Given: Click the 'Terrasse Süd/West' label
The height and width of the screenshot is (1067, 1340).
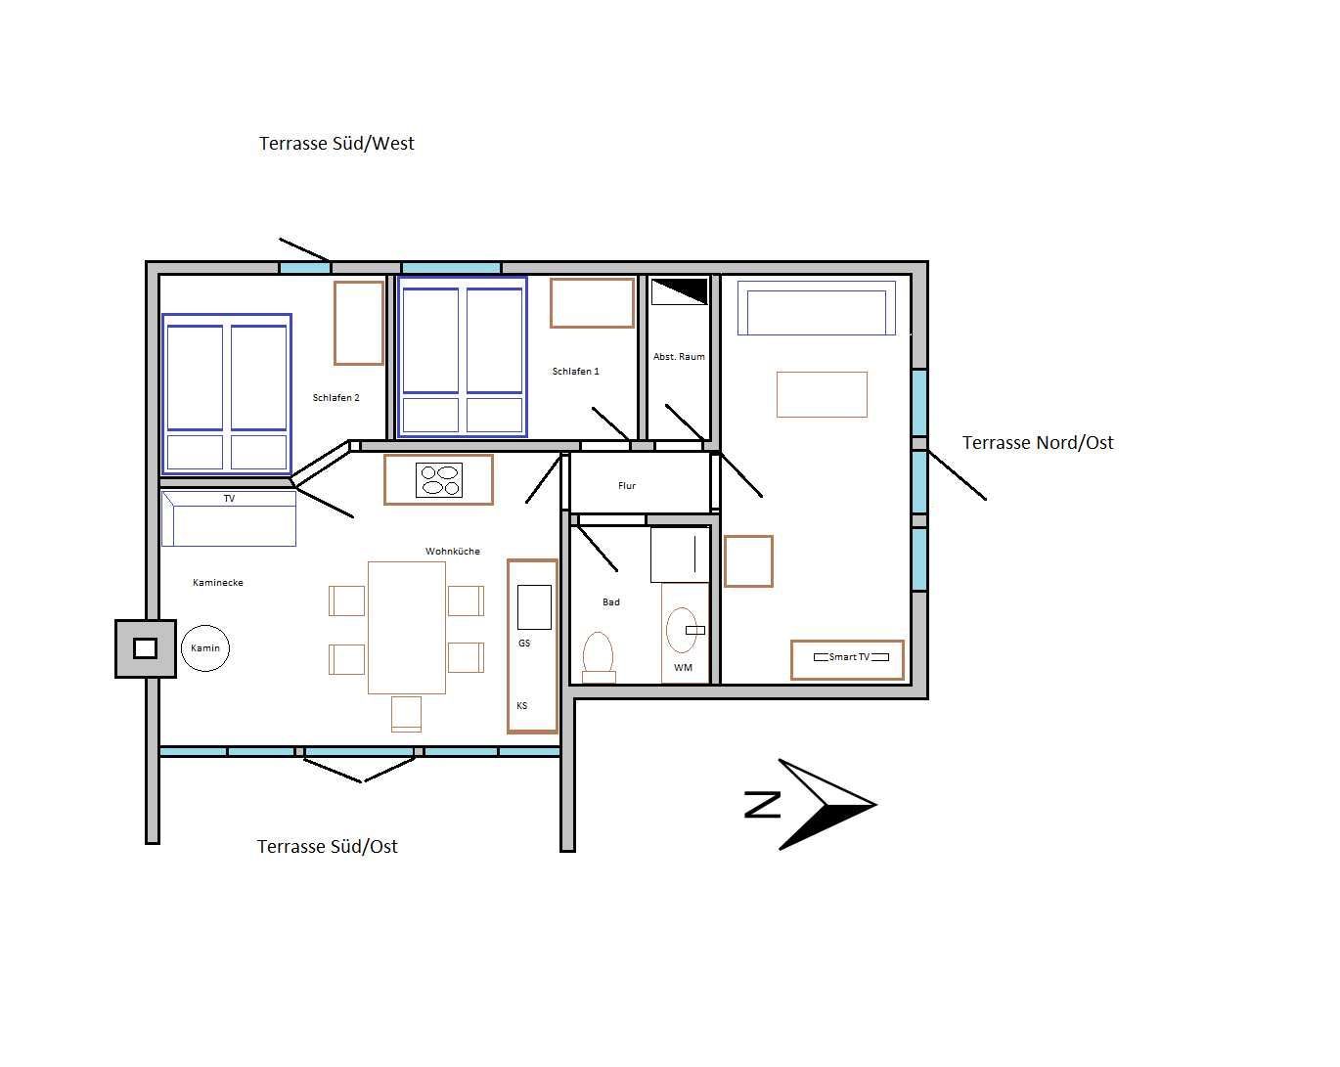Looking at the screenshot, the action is [336, 144].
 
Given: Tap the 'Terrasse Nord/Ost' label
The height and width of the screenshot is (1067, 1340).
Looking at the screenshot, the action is [1038, 443].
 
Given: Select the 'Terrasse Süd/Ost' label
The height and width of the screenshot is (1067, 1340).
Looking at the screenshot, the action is [327, 847].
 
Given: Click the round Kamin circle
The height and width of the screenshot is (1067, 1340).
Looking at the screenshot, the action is [205, 648].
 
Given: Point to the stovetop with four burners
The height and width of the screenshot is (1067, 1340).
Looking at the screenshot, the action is [439, 480].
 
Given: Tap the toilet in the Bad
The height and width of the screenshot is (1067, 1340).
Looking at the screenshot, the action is [599, 657].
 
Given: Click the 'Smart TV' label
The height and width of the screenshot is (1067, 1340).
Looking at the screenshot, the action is [849, 657].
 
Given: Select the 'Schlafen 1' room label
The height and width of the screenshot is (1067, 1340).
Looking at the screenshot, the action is [575, 371].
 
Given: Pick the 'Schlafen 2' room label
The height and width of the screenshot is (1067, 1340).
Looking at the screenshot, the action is [335, 398].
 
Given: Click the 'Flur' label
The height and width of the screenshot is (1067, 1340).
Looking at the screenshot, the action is [627, 485].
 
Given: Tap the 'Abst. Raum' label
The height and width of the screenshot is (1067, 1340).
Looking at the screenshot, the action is [679, 357].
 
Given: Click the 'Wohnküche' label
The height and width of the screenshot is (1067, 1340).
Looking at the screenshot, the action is [453, 551].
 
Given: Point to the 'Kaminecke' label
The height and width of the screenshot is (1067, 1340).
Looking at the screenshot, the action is [218, 583].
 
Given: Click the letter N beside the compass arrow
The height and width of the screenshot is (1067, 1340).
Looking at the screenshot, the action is [763, 805].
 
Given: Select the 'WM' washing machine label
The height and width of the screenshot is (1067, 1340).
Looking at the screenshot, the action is [683, 667].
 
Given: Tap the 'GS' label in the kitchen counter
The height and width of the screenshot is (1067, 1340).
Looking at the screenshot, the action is [524, 644].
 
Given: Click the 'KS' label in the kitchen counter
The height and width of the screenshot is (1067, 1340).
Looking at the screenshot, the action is [521, 705].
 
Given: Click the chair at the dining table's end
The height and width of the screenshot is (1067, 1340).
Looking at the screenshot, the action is [406, 713].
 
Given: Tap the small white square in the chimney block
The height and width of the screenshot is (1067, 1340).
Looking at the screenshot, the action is [145, 648].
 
